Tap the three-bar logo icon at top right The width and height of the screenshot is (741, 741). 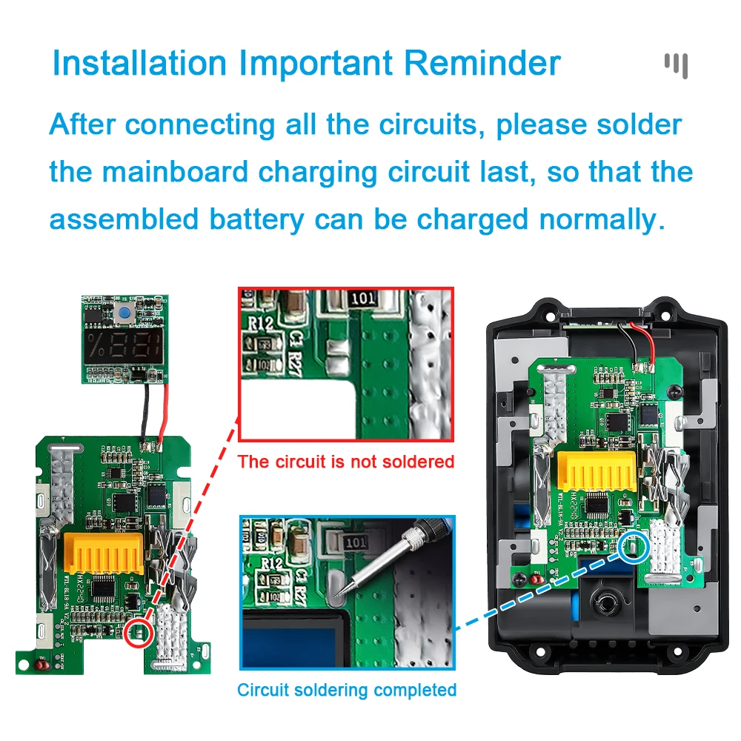(x=676, y=64)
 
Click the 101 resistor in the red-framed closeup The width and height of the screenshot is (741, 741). (x=364, y=299)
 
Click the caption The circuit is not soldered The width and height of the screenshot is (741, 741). (x=345, y=462)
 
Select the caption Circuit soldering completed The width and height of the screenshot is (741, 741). (x=346, y=690)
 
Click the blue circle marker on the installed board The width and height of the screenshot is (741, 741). (x=635, y=547)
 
